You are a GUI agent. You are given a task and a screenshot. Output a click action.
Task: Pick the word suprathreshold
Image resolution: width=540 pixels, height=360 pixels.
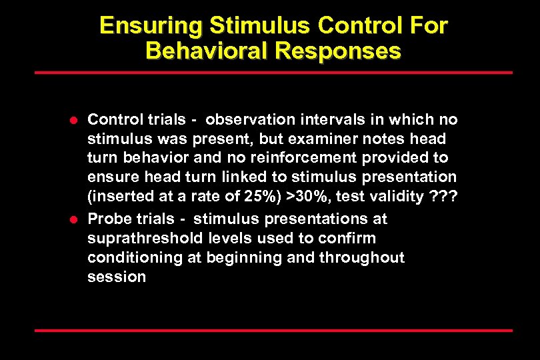[138, 238]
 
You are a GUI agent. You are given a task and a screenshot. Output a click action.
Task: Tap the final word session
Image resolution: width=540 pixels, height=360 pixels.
[116, 277]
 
